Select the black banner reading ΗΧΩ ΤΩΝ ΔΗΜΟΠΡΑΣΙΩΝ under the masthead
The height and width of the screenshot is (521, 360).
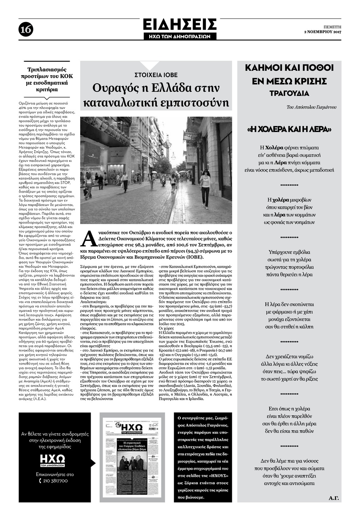click(x=180, y=36)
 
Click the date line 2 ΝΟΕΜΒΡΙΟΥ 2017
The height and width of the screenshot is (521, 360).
click(x=322, y=32)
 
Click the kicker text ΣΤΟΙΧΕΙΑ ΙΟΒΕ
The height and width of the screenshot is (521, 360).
click(x=156, y=75)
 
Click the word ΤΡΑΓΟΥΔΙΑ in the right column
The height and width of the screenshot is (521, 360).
click(x=289, y=93)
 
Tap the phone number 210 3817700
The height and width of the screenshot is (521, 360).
click(x=56, y=481)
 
